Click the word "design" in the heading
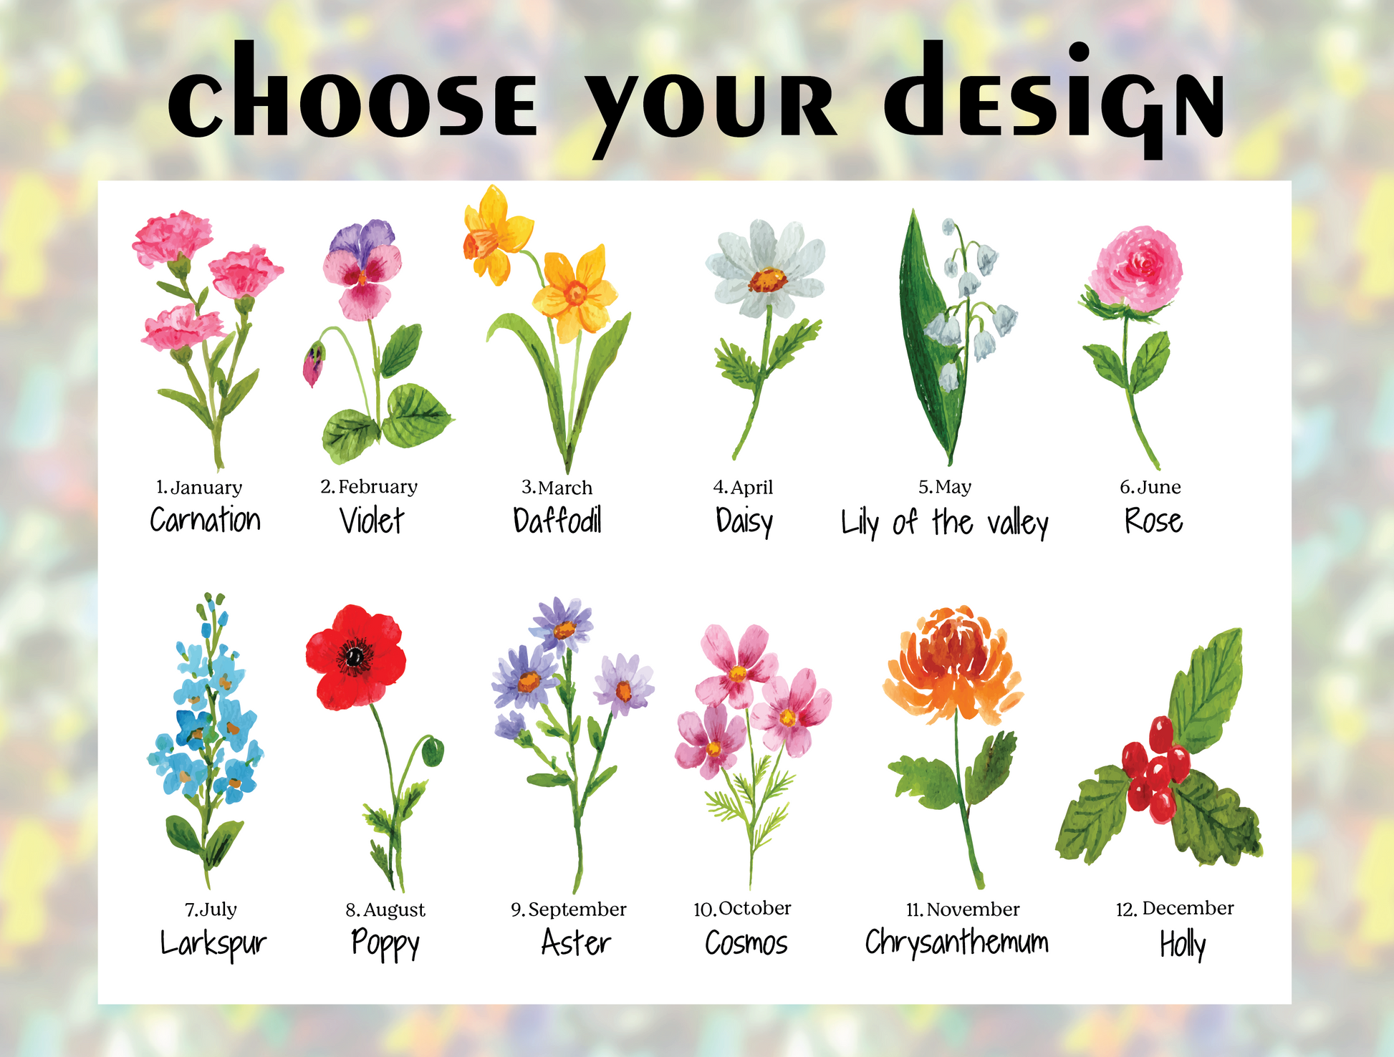1054,100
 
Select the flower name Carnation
205,519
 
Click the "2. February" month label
369,487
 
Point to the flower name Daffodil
557,520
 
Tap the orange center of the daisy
768,279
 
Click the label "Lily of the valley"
945,523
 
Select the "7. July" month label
211,909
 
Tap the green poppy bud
432,752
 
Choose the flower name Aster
576,942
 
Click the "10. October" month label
742,909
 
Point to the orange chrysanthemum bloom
953,662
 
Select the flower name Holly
1183,945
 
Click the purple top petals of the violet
362,238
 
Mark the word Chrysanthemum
956,942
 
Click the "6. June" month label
1150,487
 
